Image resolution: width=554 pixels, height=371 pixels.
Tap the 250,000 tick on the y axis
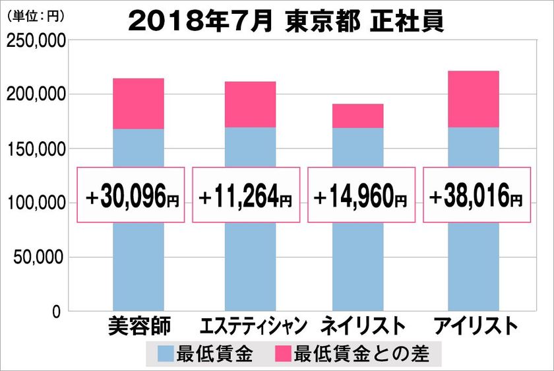(34, 42)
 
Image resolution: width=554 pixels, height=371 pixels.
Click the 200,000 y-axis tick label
(34, 95)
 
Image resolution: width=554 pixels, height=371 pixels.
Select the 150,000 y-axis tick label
(34, 149)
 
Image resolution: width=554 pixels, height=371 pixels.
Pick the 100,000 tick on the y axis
(34, 203)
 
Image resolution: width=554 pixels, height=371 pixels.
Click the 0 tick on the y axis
(57, 311)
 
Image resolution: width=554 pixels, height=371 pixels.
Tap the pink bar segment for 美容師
(138, 104)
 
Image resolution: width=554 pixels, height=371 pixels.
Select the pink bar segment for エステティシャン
(250, 104)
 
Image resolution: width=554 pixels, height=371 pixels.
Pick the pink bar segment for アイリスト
(473, 99)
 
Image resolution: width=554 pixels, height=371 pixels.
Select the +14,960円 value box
(361, 195)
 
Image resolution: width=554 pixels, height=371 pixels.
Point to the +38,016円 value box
(476, 195)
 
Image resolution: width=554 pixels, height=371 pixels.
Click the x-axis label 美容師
(138, 327)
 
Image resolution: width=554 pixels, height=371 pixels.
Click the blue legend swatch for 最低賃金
(164, 354)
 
